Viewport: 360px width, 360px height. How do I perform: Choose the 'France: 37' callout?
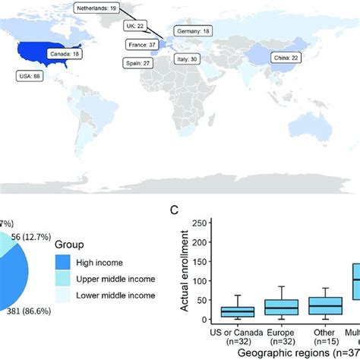coord(141,45)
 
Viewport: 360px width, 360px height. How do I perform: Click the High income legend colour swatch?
coord(66,262)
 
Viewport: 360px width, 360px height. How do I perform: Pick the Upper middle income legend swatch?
coord(66,279)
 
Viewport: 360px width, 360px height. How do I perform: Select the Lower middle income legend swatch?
coord(66,295)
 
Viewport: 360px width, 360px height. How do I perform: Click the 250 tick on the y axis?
coord(200,223)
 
